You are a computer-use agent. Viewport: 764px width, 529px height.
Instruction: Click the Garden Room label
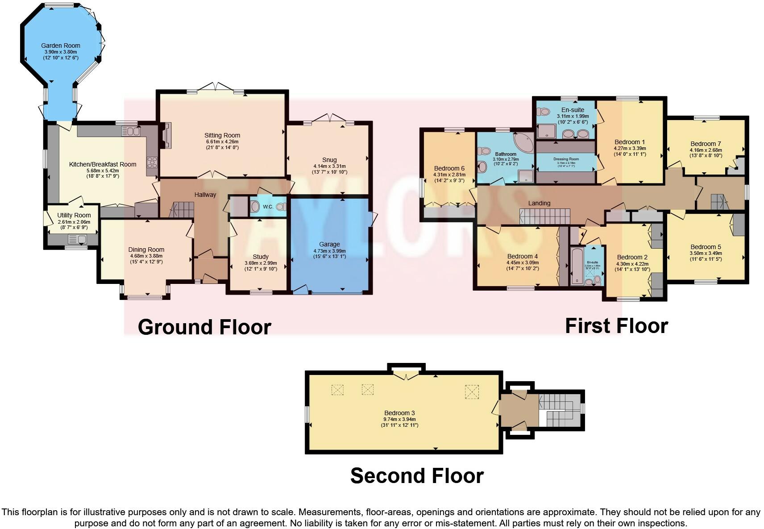tap(61, 46)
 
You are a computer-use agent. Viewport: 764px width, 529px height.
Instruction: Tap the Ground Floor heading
tap(204, 327)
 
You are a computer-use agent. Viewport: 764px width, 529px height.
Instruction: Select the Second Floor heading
tap(416, 475)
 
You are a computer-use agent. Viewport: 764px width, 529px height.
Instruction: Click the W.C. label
tap(268, 207)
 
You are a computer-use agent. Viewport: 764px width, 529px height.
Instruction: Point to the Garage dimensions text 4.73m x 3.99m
tap(329, 251)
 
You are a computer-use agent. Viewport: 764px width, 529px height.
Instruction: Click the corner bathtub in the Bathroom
tap(524, 142)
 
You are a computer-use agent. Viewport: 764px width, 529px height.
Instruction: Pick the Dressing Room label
tap(566, 159)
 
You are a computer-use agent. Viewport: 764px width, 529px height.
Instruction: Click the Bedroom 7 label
tap(706, 144)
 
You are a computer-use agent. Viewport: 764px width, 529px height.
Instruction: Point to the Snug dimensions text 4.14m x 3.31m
tap(329, 166)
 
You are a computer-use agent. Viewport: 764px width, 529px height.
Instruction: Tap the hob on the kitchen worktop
tap(152, 162)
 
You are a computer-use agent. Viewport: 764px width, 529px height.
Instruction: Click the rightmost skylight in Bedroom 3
tap(472, 392)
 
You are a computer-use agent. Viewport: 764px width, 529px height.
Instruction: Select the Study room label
tap(261, 257)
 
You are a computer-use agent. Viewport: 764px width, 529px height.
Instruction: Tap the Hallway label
tap(205, 195)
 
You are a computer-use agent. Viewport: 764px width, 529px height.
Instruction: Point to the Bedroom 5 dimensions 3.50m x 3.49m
tap(706, 253)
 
